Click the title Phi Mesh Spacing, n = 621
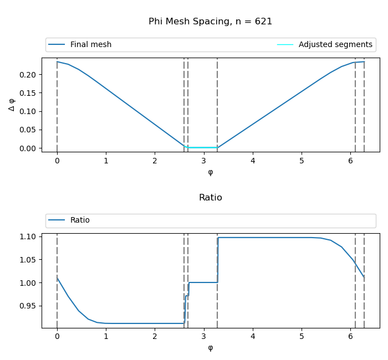click(210, 22)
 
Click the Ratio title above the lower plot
click(210, 198)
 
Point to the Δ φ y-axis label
click(12, 105)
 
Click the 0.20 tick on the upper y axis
click(28, 75)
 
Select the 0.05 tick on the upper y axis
click(28, 130)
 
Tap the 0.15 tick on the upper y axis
click(28, 93)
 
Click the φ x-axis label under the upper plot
click(210, 172)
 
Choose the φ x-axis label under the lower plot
click(210, 348)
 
